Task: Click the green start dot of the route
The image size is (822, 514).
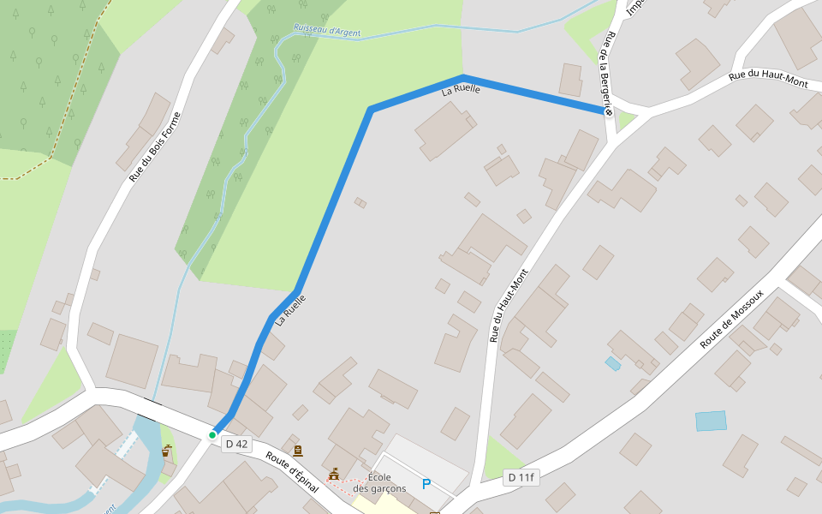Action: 212,435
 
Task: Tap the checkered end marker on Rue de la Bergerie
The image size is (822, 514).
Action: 609,112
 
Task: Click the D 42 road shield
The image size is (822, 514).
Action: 235,444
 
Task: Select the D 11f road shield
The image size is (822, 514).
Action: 521,477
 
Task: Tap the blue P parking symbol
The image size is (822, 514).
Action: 426,485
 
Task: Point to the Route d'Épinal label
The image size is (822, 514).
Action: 291,472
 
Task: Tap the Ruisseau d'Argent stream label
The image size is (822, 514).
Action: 326,31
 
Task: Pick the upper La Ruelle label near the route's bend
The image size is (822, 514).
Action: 461,89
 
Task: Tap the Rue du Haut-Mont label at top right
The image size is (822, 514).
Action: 768,79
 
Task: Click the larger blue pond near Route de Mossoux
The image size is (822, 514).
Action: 711,421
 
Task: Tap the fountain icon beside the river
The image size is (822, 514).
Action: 166,451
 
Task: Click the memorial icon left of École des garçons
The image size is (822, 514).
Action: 334,474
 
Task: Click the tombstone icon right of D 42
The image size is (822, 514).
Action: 297,451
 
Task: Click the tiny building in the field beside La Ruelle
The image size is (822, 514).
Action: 360,203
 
